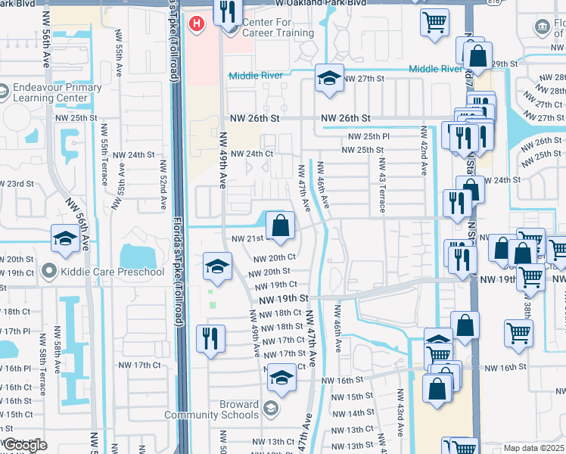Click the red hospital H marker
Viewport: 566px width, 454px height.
197,24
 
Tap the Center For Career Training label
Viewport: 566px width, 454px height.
277,28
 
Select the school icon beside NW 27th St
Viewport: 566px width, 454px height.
329,79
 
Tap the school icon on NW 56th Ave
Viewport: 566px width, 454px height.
66,240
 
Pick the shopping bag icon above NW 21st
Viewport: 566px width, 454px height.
280,225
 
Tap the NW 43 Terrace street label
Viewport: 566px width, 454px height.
382,178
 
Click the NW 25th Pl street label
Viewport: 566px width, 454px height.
369,136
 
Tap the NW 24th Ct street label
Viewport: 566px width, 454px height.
251,154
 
